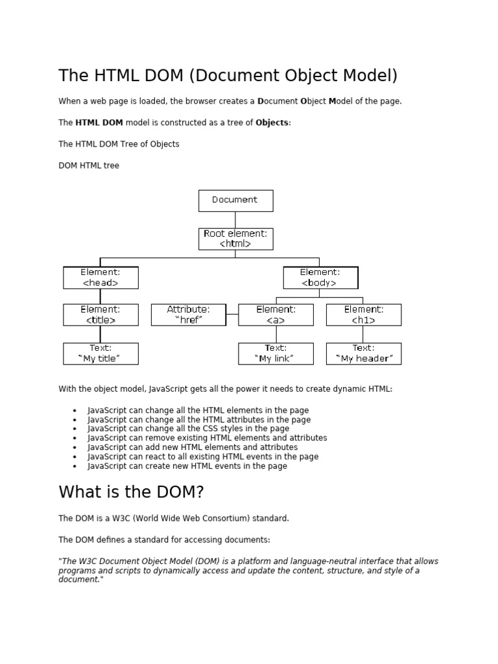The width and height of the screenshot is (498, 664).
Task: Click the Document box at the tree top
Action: tap(235, 200)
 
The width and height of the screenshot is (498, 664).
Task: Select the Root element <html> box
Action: tap(235, 239)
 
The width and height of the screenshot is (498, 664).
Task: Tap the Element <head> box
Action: tap(101, 278)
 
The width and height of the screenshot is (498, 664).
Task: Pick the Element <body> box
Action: tap(320, 278)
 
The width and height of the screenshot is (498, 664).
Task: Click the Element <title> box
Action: tap(101, 314)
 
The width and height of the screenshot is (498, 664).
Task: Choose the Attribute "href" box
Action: tap(189, 314)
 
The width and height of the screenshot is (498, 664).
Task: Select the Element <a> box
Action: tap(276, 314)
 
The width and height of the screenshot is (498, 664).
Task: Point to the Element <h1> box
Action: tap(363, 314)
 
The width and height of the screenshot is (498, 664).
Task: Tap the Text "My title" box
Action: tap(101, 353)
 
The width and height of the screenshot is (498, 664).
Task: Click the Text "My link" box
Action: tap(276, 353)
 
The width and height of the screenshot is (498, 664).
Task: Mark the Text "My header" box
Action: tap(363, 353)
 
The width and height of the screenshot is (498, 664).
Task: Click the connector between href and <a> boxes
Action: tap(232, 314)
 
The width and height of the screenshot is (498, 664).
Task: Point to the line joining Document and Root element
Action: tap(235, 220)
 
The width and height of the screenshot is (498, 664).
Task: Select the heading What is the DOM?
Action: tap(131, 492)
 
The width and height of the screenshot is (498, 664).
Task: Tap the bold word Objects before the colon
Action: tap(271, 123)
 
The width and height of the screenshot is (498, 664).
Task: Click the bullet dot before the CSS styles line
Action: tap(75, 429)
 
